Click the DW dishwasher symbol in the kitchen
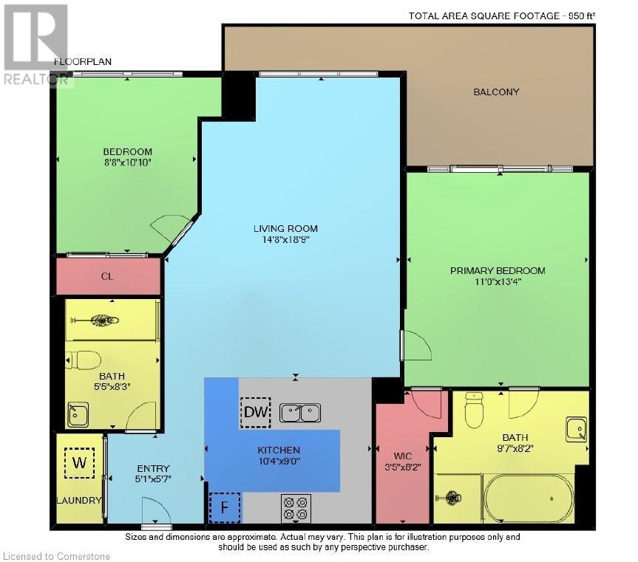256,412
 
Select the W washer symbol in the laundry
78,465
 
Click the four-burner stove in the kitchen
295,508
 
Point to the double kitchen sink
301,412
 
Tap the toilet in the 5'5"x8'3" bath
87,360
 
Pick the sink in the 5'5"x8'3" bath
78,415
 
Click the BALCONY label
496,92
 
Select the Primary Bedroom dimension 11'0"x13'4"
498,282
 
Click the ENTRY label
153,468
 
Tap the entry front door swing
152,510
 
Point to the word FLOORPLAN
83,62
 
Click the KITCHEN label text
278,450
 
